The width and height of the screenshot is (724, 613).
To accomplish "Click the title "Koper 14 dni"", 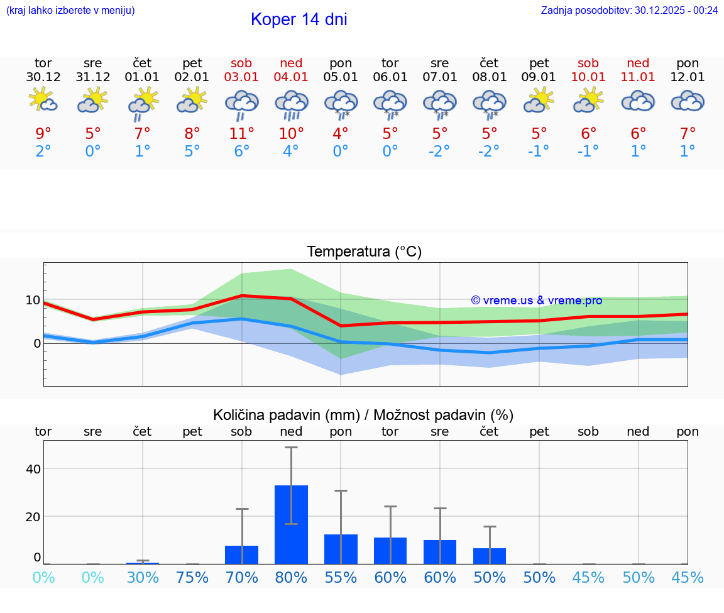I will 299,19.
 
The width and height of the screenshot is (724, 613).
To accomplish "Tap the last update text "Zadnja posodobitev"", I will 629,10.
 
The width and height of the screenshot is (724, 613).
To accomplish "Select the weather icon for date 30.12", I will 43,101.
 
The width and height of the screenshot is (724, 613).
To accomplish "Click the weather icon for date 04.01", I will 291,104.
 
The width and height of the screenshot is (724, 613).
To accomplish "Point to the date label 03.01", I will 241,77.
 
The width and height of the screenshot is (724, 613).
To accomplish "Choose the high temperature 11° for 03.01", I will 241,133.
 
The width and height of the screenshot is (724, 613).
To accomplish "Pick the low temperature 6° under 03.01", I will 241,152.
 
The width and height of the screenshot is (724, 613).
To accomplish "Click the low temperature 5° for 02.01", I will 192,152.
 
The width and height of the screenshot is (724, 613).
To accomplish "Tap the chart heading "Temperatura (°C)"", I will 364,252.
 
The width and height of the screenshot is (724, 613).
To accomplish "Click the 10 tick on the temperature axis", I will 33,300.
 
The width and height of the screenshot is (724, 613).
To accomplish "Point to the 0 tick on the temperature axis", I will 36,343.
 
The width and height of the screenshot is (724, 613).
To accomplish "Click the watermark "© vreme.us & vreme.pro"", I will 536,301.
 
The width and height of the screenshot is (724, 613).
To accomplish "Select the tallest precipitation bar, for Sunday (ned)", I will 291,524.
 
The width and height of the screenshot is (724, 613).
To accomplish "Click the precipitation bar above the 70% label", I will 241,555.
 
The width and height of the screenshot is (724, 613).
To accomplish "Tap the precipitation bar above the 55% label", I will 341,549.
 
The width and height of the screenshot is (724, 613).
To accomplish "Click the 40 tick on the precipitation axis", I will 33,469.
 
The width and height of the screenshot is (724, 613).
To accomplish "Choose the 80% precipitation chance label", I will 291,577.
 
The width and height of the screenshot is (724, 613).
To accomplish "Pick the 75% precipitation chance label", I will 192,577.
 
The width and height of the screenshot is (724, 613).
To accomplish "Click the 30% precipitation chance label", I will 143,577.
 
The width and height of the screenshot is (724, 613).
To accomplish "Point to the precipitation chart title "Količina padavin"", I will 286,415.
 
